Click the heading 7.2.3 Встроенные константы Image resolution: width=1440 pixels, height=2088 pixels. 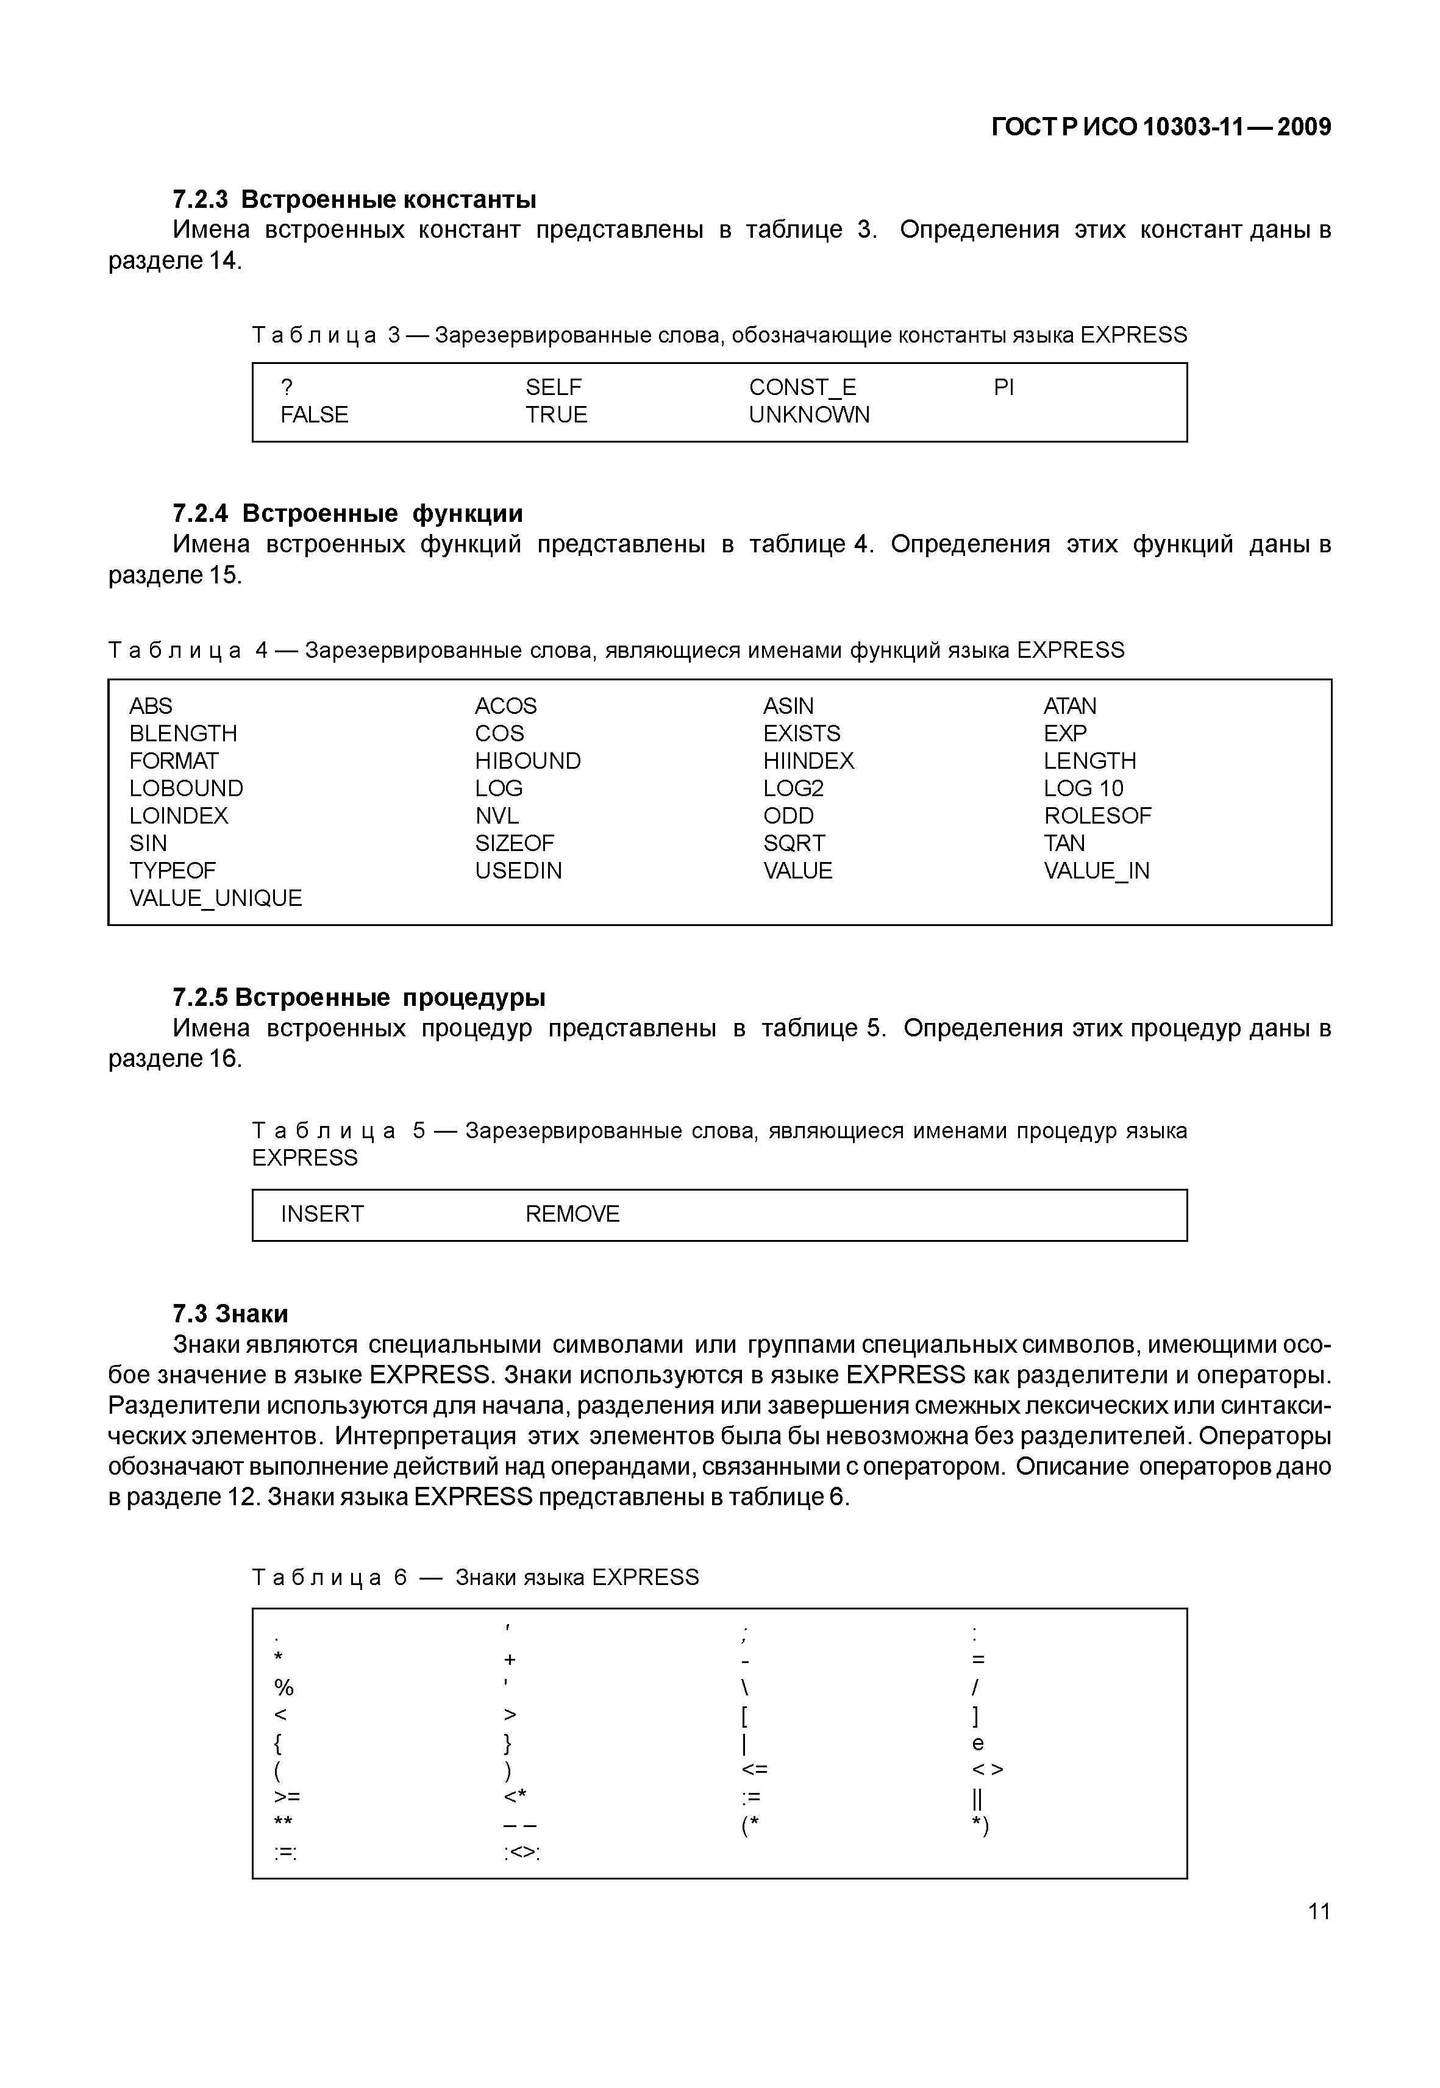point(354,199)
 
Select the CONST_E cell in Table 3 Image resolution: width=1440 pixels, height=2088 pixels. point(802,387)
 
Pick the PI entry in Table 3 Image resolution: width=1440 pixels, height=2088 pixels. point(1003,387)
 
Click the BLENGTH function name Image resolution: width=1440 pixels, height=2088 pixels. point(183,733)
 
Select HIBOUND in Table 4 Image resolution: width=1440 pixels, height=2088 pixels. point(528,761)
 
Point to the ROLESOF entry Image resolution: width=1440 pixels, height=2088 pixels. point(1097,816)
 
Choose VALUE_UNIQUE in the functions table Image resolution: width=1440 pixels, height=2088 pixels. point(216,898)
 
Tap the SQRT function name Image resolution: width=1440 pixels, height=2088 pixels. point(793,843)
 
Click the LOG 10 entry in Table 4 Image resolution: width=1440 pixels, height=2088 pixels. point(1083,789)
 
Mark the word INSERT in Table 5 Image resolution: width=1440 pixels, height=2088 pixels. point(322,1214)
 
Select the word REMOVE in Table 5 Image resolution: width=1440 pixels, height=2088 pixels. point(572,1214)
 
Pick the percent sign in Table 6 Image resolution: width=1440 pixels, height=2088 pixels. point(283,1687)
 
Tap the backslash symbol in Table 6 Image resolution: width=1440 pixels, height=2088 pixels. point(745,1687)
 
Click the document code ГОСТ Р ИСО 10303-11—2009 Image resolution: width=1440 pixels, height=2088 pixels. point(1160,127)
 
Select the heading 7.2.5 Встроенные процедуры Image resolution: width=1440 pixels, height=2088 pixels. point(358,998)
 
